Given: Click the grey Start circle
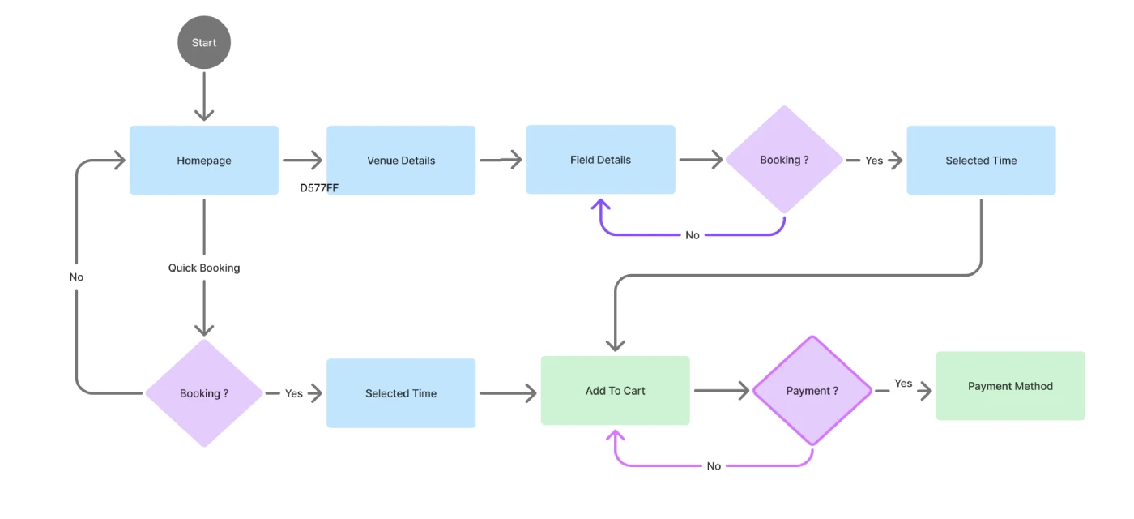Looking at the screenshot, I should pyautogui.click(x=204, y=43).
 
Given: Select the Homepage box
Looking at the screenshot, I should pyautogui.click(x=204, y=161).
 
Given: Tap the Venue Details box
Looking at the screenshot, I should pyautogui.click(x=401, y=161).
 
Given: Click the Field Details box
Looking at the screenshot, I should pyautogui.click(x=600, y=160).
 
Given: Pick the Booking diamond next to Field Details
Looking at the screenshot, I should pyautogui.click(x=784, y=160).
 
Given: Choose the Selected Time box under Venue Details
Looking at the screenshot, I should pyautogui.click(x=401, y=393).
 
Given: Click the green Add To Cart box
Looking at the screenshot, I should pyautogui.click(x=616, y=391).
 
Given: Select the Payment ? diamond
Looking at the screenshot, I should pyautogui.click(x=812, y=391).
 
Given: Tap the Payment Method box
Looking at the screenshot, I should pyautogui.click(x=1010, y=386).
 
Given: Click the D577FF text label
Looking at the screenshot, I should pyautogui.click(x=319, y=188).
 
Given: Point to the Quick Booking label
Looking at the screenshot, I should pyautogui.click(x=204, y=268).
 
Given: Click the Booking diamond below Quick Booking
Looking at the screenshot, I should pyautogui.click(x=204, y=393).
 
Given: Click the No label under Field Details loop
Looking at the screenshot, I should pyautogui.click(x=693, y=235).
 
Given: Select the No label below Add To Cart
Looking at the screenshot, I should pyautogui.click(x=714, y=466).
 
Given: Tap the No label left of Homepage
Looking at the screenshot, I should pyautogui.click(x=76, y=277).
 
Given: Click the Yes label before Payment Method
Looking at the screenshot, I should pyautogui.click(x=903, y=384).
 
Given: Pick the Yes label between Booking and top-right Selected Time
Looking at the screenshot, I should pyautogui.click(x=874, y=161).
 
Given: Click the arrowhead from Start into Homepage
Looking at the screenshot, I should pyautogui.click(x=204, y=114).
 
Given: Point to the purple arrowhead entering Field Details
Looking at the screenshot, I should pyautogui.click(x=601, y=204).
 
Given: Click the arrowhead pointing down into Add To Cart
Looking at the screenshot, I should pyautogui.click(x=616, y=344).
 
